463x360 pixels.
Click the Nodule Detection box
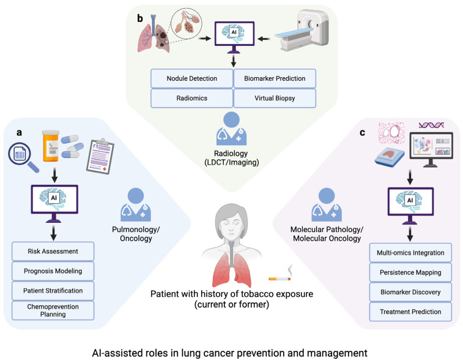[191, 78]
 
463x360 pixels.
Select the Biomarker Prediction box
[275, 78]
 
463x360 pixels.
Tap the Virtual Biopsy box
[275, 98]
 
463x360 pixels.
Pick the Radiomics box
[191, 98]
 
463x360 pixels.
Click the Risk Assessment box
[53, 251]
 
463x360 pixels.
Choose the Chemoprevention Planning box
[53, 310]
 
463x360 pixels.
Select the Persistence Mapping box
[410, 272]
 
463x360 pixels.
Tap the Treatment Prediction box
[410, 312]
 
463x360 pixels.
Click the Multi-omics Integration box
[410, 253]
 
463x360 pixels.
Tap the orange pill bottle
[51, 146]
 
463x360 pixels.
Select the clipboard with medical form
[100, 156]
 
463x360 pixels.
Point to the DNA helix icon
[431, 126]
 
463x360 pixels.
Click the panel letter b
[139, 18]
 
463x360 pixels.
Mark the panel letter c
[362, 133]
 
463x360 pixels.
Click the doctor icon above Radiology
[231, 129]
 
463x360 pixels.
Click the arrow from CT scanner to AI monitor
[264, 39]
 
